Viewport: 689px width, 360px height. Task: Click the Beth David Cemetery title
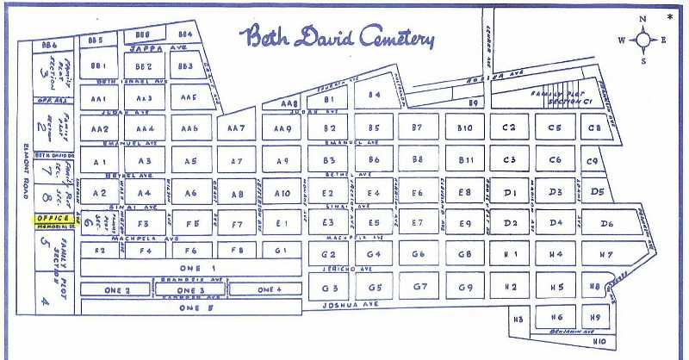(x=337, y=37)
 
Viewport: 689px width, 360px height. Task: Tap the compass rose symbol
(x=642, y=40)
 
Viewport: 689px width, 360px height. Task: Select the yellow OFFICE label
(x=53, y=219)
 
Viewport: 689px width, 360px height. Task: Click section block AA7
(x=237, y=128)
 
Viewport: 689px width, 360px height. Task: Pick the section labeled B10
(x=465, y=128)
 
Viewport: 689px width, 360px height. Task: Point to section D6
(x=608, y=224)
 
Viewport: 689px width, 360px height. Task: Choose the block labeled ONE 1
(x=190, y=268)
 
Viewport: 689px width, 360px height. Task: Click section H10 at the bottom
(x=599, y=342)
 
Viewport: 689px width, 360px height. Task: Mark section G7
(x=419, y=286)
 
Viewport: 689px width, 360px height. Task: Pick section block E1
(x=282, y=224)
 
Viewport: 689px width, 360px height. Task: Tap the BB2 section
(x=144, y=65)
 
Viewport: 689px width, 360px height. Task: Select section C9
(x=592, y=160)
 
